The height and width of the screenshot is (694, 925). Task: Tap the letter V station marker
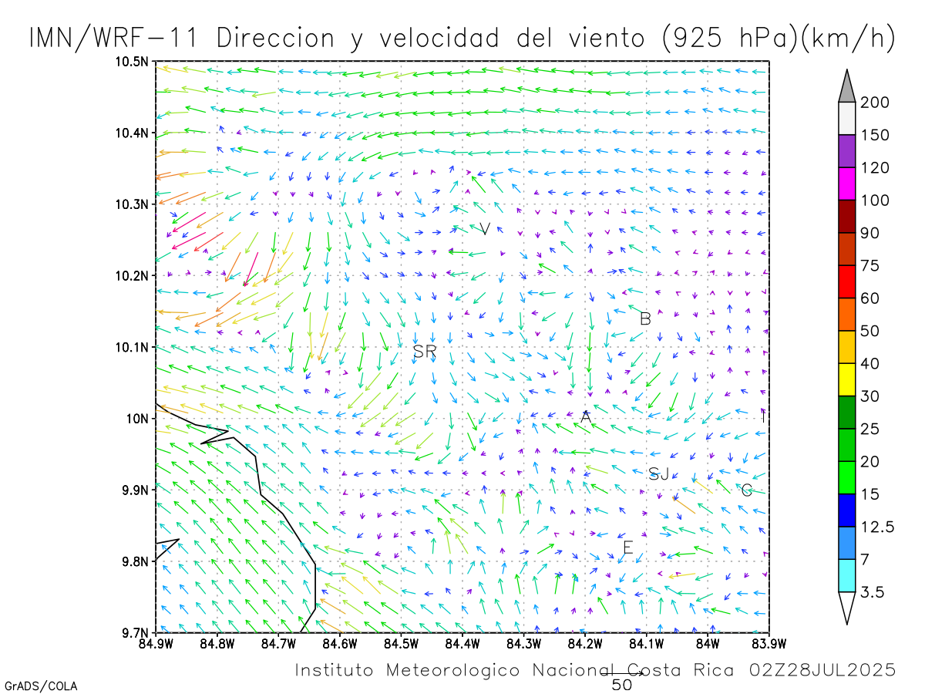[x=485, y=228]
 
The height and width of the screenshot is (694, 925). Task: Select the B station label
[x=646, y=318]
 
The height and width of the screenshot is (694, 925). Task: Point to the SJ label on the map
[x=658, y=474]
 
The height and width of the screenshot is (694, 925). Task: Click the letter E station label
[x=627, y=548]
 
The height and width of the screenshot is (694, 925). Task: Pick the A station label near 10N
[x=586, y=417]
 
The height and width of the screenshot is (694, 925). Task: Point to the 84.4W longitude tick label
[x=462, y=642]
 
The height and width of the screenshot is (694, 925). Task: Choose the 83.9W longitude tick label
[x=768, y=642]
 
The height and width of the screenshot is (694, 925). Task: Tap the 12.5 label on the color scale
[x=877, y=527]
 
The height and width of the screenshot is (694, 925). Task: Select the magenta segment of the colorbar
[x=848, y=184]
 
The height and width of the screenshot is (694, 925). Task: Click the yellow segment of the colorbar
[x=848, y=379]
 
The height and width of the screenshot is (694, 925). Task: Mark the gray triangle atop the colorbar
[x=848, y=85]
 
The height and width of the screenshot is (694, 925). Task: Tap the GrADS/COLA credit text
[x=41, y=686]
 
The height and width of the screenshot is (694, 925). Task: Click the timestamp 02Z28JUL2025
[x=822, y=669]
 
